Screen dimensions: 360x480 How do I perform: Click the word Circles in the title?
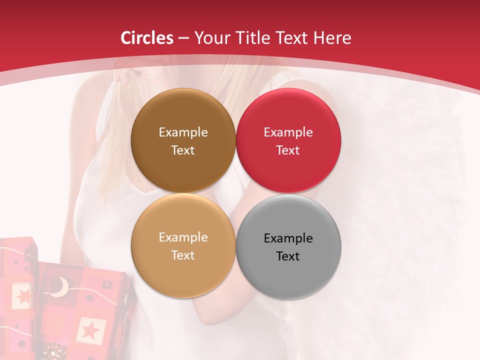coord(146,38)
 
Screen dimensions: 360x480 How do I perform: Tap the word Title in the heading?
coord(257,38)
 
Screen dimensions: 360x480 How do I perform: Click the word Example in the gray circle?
coord(288,238)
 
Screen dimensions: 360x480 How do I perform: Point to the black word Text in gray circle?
coord(288,256)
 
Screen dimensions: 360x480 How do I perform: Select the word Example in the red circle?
coord(288,132)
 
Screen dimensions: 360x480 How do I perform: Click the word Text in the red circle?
coord(288,150)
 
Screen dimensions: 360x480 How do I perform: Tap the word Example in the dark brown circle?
coord(183,132)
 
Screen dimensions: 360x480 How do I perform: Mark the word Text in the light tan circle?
coord(183,255)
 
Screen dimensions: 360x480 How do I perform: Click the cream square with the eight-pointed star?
coord(23,296)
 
